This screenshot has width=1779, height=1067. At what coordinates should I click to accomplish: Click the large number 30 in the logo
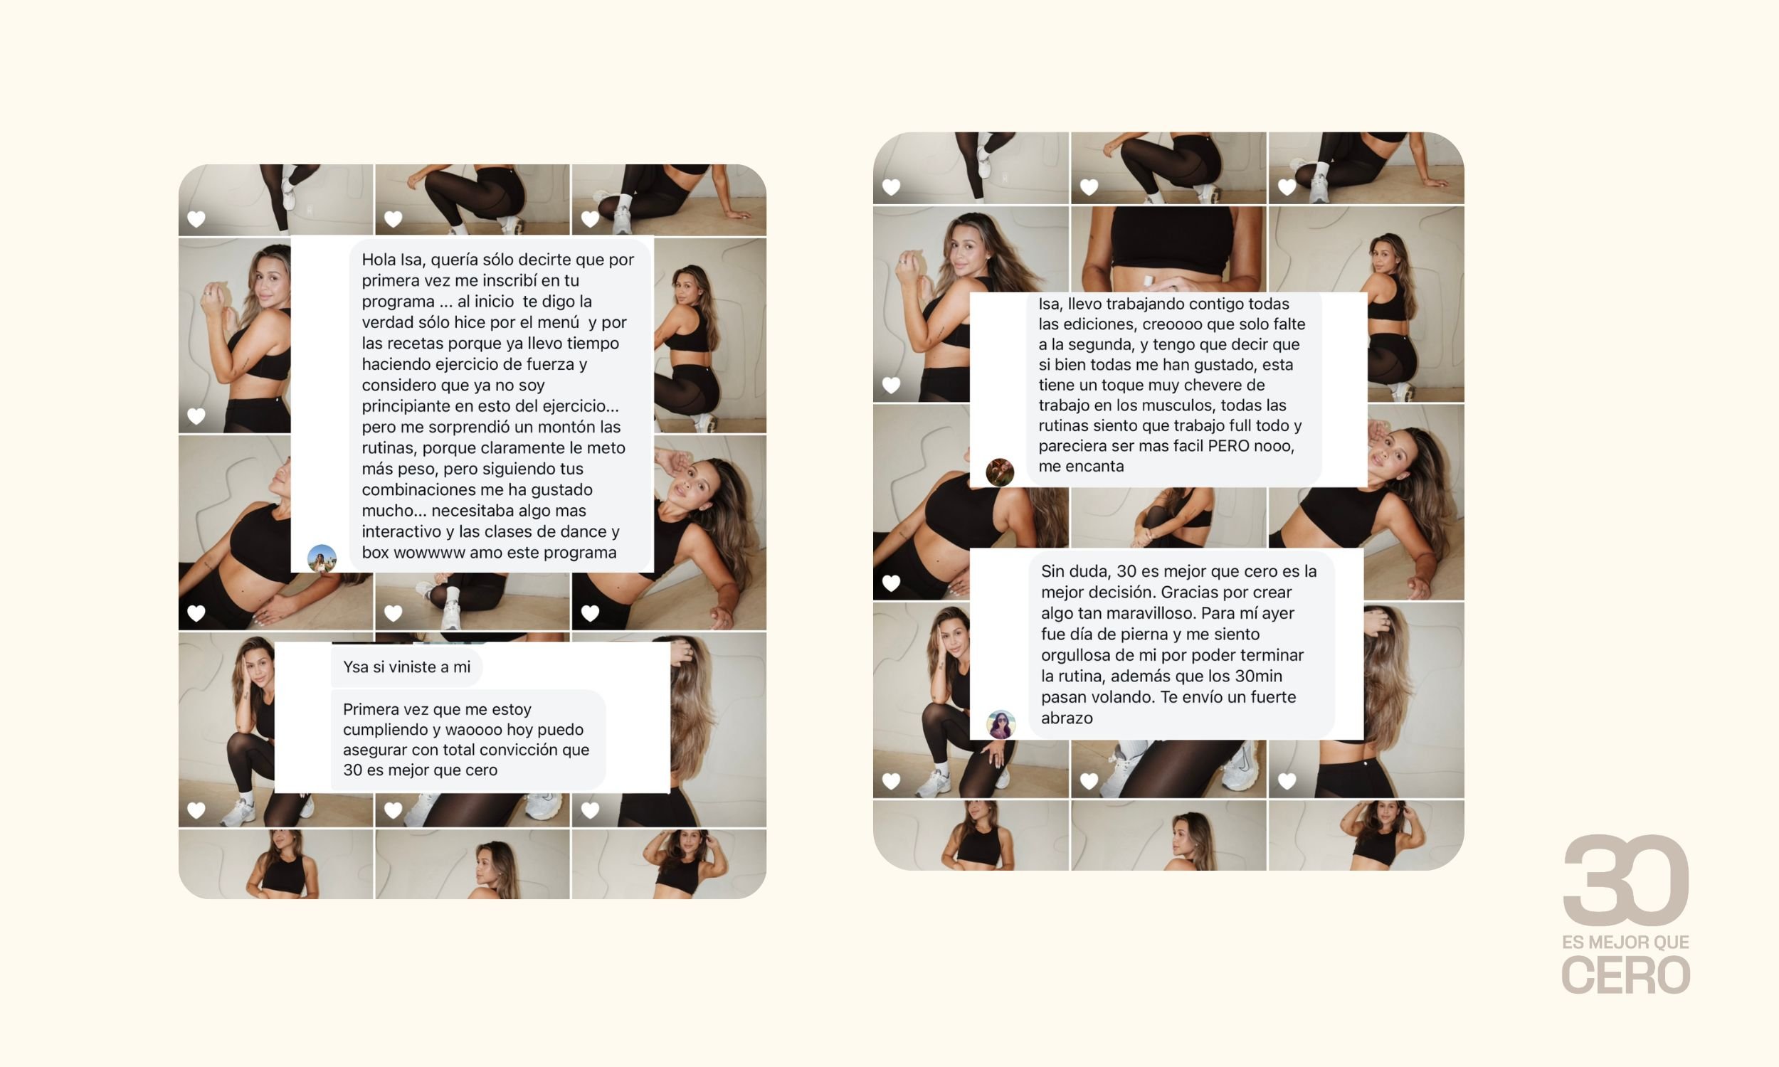[1626, 880]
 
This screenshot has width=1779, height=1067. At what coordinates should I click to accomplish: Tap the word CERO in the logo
[1626, 975]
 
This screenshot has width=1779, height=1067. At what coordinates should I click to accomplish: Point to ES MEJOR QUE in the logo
[1626, 942]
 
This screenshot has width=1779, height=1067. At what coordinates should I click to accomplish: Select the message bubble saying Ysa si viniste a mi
[406, 667]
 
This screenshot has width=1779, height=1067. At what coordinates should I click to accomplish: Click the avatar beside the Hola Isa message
[322, 558]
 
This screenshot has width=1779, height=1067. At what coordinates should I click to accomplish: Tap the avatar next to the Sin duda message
[1001, 725]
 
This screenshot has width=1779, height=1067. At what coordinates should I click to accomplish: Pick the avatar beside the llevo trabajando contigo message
[1000, 472]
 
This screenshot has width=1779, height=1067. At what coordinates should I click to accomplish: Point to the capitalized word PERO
[1229, 446]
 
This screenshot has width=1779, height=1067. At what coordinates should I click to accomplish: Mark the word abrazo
[1067, 718]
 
